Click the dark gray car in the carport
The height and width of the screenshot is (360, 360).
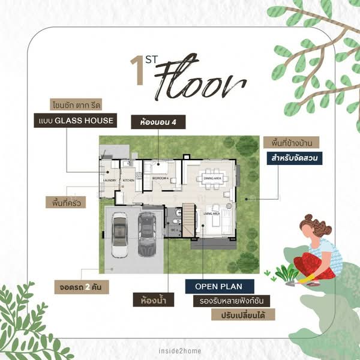(147, 233)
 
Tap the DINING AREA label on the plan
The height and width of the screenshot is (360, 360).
(213, 178)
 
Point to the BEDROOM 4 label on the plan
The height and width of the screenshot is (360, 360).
(160, 178)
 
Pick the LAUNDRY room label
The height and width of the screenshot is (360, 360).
(110, 179)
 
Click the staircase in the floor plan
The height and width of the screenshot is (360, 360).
(188, 220)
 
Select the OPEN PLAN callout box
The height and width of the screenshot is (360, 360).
(219, 286)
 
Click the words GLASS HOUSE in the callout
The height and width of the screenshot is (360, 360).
(85, 120)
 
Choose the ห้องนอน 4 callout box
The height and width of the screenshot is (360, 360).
(158, 122)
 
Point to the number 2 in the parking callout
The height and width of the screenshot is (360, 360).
(87, 287)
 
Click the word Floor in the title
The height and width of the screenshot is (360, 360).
(193, 86)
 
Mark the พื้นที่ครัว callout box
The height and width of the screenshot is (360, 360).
(65, 202)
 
